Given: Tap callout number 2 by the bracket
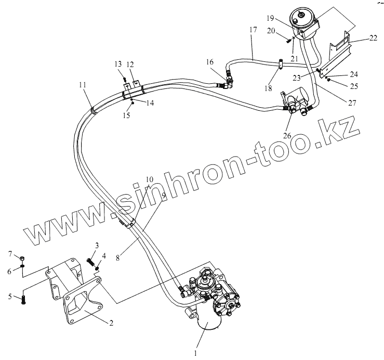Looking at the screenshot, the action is point(110,323).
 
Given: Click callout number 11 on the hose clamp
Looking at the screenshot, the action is point(83,84).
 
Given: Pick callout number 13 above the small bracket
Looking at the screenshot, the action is point(118,63).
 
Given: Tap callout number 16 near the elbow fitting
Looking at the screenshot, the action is point(209,62).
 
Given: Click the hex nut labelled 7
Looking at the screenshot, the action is point(22,259).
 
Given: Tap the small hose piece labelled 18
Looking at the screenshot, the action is point(280,64).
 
